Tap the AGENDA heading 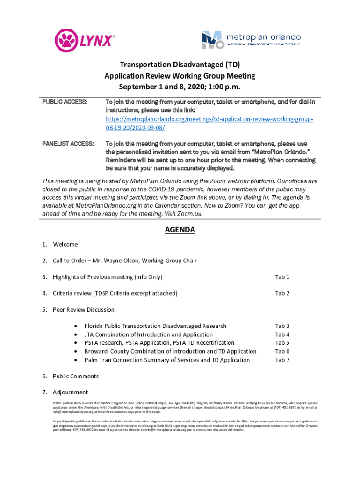tap(180, 230)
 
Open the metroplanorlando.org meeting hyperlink tap(209, 123)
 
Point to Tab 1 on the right tap(282, 277)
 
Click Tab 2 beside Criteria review tap(282, 293)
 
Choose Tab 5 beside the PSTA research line tap(282, 343)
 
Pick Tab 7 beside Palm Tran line tap(282, 360)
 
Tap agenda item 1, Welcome tap(65, 244)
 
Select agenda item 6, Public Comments tap(75, 376)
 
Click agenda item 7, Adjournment tap(70, 392)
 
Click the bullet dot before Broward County tap(76, 352)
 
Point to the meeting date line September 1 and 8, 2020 tap(180, 87)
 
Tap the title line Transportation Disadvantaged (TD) tap(180, 65)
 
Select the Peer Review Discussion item tap(83, 309)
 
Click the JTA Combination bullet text tap(148, 334)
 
